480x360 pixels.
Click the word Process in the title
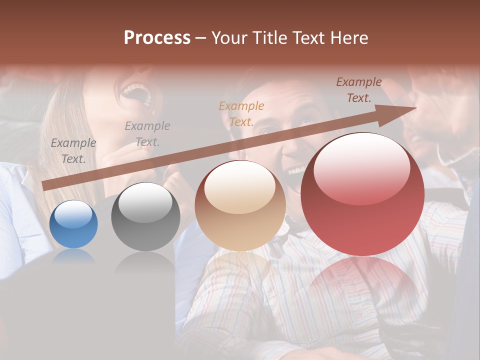pyautogui.click(x=157, y=37)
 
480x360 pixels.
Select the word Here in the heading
pyautogui.click(x=348, y=37)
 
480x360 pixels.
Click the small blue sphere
pyautogui.click(x=73, y=224)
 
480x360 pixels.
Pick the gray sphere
pyautogui.click(x=145, y=216)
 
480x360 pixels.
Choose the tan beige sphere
pyautogui.click(x=240, y=205)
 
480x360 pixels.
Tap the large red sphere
pyautogui.click(x=362, y=194)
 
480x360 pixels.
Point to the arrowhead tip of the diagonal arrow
pyautogui.click(x=416, y=108)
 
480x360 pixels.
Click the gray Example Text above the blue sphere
pyautogui.click(x=73, y=151)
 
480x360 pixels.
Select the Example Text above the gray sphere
pyautogui.click(x=147, y=134)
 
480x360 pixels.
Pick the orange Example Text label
pyautogui.click(x=241, y=113)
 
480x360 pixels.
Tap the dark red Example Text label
pyautogui.click(x=359, y=90)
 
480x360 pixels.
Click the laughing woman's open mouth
pyautogui.click(x=136, y=93)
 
